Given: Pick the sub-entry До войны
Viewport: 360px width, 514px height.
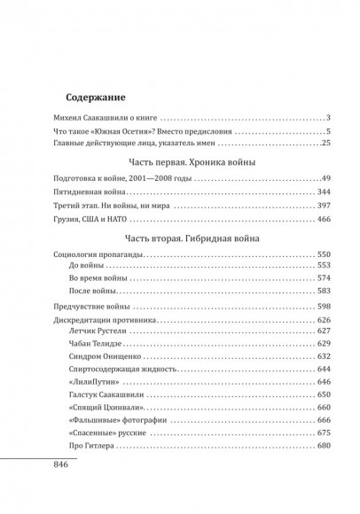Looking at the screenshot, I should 85,268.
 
